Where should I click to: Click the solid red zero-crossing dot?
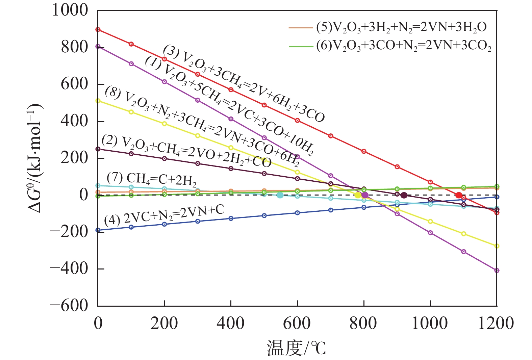pyautogui.click(x=458, y=195)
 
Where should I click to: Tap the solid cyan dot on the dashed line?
pyautogui.click(x=280, y=195)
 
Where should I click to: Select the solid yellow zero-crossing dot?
pyautogui.click(x=358, y=195)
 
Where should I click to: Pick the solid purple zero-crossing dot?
pyautogui.click(x=365, y=195)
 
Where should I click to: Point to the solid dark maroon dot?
pyautogui.click(x=404, y=195)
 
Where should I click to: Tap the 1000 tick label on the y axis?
pyautogui.click(x=70, y=10)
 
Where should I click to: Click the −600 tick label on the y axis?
pyautogui.click(x=69, y=305)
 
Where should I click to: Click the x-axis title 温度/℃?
pyautogui.click(x=296, y=348)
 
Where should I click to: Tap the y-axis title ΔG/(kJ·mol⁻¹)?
pyautogui.click(x=35, y=158)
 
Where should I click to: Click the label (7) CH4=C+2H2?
pyautogui.click(x=152, y=179)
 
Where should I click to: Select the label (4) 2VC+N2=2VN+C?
pyautogui.click(x=164, y=215)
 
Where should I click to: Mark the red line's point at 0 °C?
pyautogui.click(x=98, y=30)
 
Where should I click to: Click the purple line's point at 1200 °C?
pyautogui.click(x=497, y=271)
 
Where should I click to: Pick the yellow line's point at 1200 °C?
pyautogui.click(x=497, y=246)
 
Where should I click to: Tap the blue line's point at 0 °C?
pyautogui.click(x=98, y=230)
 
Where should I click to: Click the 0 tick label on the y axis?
pyautogui.click(x=83, y=195)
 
